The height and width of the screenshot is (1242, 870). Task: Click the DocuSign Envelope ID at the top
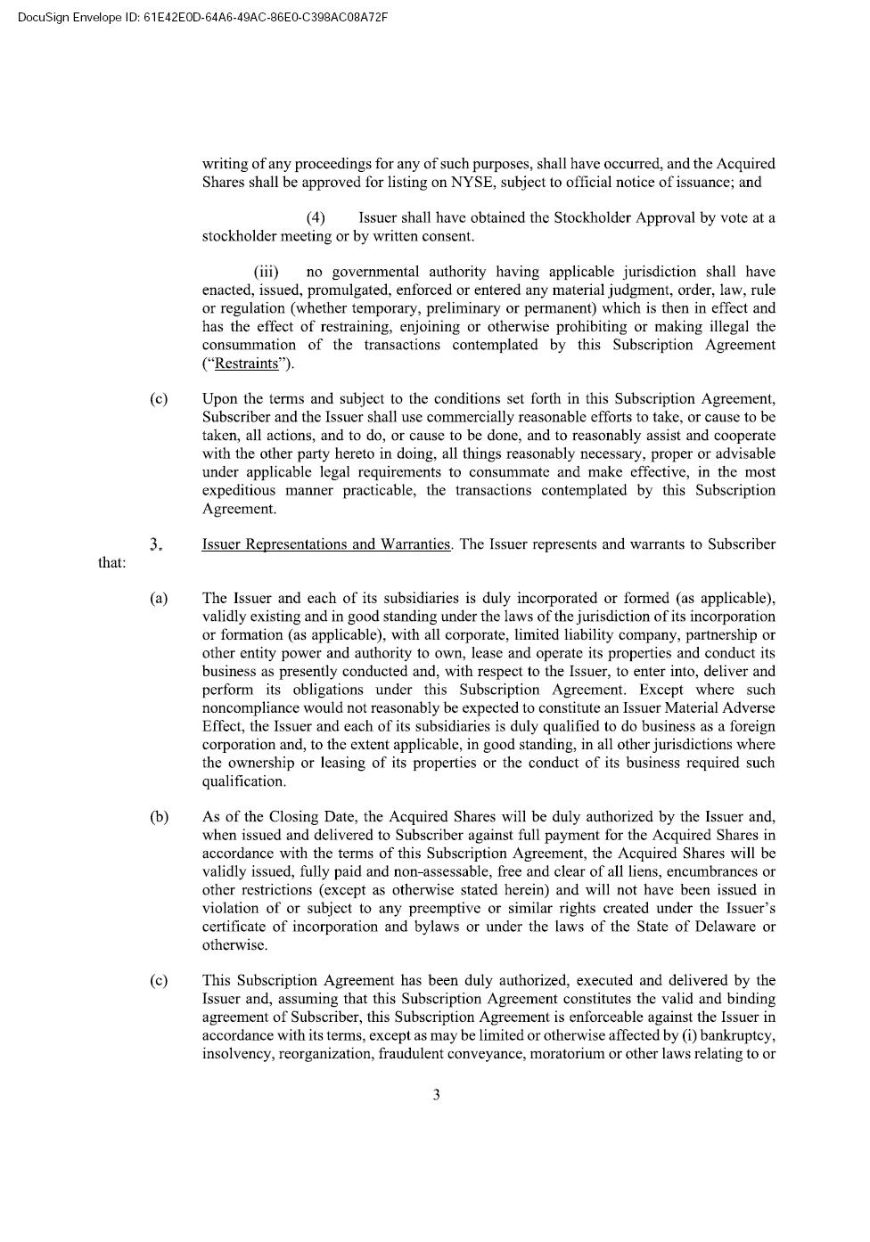click(201, 17)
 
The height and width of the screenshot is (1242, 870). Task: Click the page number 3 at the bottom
click(436, 1095)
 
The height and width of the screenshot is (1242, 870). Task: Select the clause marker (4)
click(316, 218)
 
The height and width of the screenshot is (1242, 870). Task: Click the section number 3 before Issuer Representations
click(155, 544)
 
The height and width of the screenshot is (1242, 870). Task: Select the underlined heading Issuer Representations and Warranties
click(326, 544)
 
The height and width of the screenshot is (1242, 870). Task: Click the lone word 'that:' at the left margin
click(111, 563)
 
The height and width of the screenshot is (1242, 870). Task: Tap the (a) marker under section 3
click(159, 599)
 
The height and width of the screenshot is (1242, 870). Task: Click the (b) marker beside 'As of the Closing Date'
click(159, 817)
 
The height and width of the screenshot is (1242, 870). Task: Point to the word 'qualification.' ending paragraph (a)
click(244, 781)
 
